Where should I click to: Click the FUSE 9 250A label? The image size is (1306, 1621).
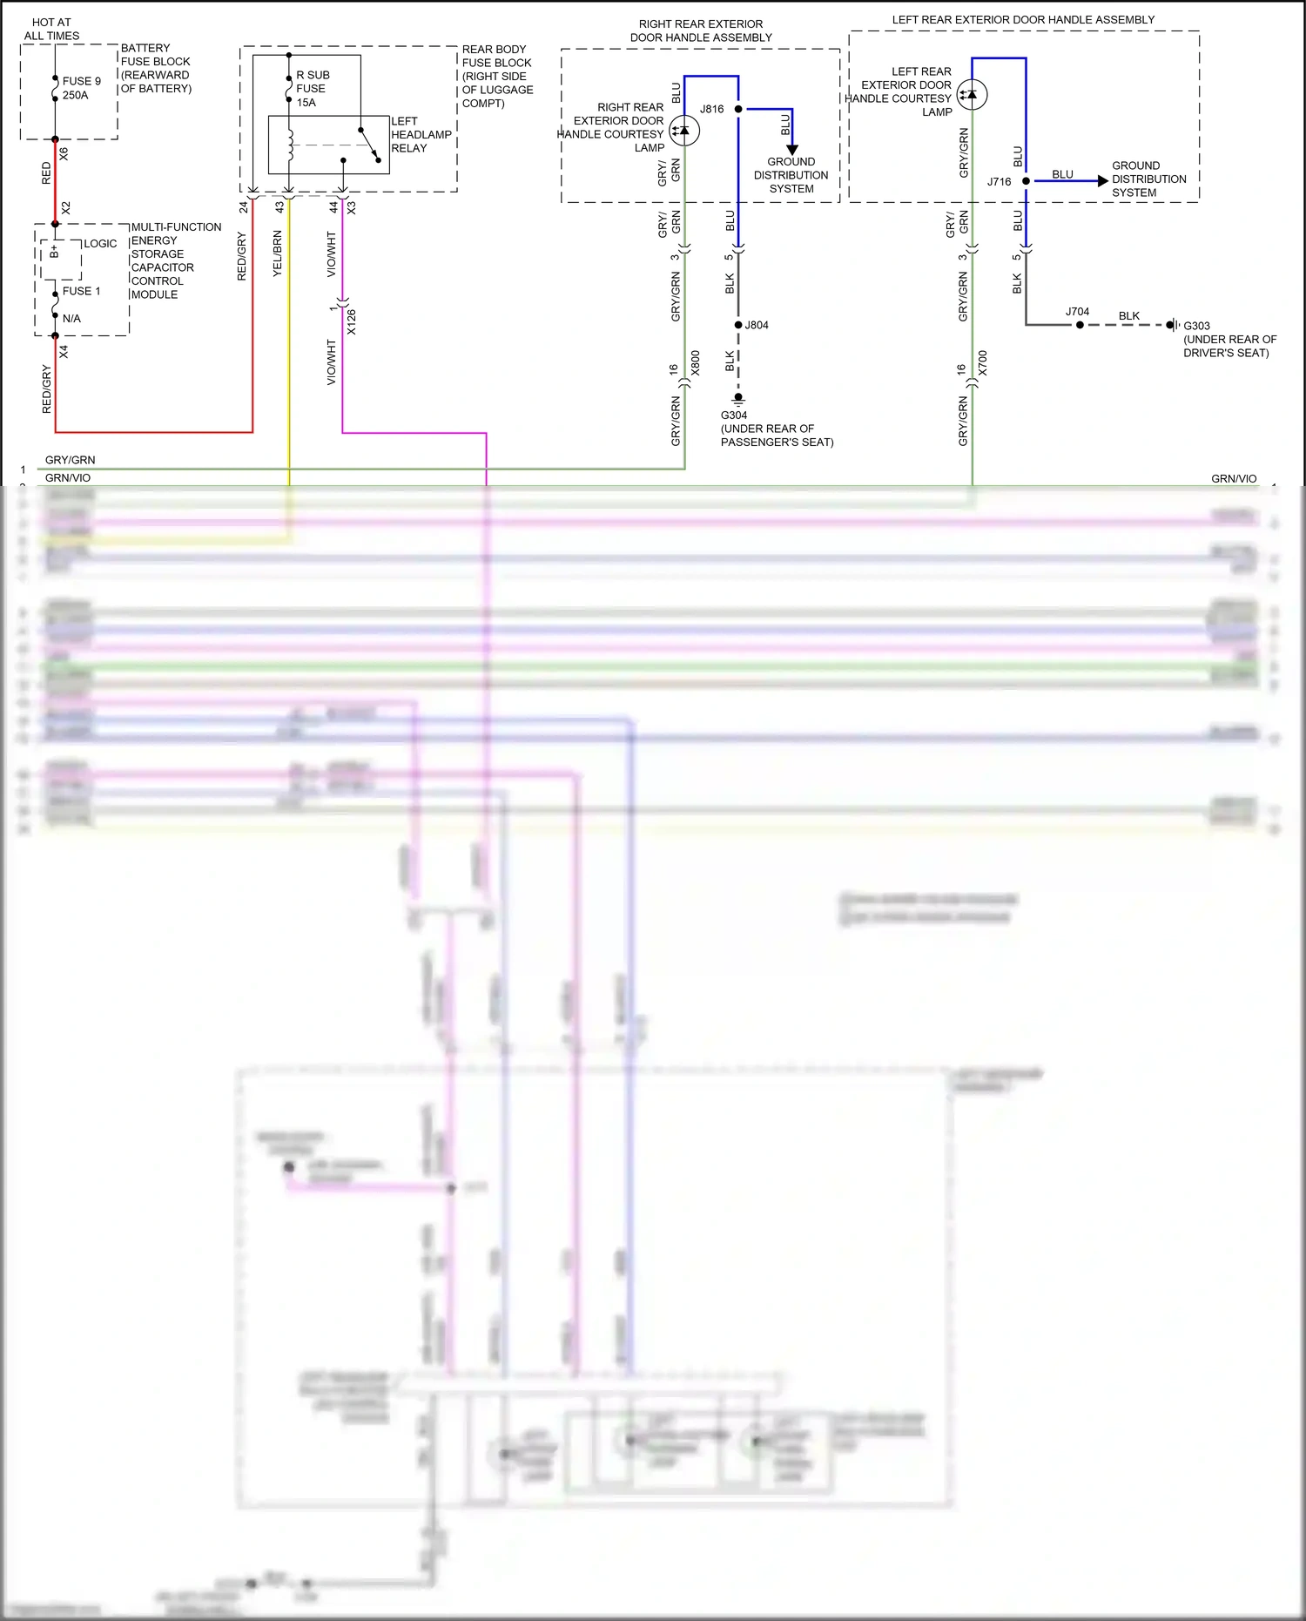[x=81, y=88]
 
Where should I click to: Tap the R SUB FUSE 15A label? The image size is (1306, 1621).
[x=312, y=89]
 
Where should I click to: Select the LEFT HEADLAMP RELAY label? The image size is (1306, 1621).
[x=421, y=135]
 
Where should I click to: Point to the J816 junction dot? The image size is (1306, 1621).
[x=738, y=109]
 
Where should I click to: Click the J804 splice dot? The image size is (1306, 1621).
[x=738, y=325]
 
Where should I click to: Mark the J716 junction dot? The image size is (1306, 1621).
[x=1026, y=181]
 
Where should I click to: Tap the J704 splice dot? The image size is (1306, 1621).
[x=1080, y=325]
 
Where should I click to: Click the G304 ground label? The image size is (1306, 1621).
[x=734, y=415]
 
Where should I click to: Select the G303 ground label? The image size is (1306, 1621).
[x=1196, y=326]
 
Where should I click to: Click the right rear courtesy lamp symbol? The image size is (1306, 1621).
[x=684, y=131]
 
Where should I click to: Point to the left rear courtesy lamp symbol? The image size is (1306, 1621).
[x=972, y=94]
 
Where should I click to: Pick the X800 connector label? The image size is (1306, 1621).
[x=695, y=363]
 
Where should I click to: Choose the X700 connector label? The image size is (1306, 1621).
[x=982, y=363]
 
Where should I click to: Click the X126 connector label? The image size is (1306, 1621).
[x=351, y=322]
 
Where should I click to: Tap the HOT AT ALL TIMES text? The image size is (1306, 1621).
[x=51, y=29]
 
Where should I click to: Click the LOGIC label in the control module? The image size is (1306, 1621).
[x=100, y=244]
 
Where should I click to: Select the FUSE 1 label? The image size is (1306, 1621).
[x=81, y=291]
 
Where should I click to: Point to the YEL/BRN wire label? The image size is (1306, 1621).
[x=278, y=253]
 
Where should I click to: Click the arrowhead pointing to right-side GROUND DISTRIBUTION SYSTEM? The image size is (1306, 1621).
[x=1103, y=181]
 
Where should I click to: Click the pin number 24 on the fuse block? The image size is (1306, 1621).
[x=244, y=207]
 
